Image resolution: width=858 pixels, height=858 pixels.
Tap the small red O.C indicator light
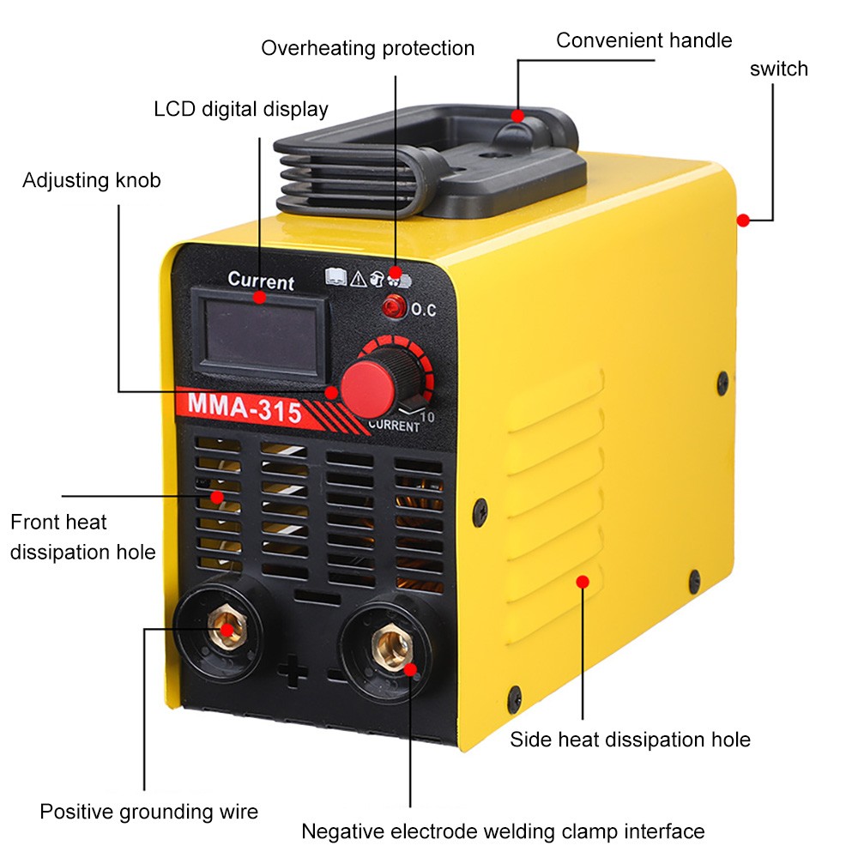point(396,305)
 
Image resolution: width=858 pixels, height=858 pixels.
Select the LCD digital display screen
point(259,328)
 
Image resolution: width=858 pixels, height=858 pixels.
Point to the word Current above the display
point(261,281)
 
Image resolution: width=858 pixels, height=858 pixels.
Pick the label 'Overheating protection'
point(367,48)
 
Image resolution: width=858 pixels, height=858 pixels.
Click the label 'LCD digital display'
point(241,109)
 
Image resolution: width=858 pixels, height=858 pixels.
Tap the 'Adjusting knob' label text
point(92,180)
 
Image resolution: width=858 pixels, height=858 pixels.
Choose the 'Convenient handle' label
point(643,40)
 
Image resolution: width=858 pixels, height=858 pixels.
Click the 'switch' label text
point(778,69)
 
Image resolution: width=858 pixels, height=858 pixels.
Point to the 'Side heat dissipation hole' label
point(630,740)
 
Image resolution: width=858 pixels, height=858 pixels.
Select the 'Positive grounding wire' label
point(148,811)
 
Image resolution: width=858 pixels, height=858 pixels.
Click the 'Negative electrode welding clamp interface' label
point(502,831)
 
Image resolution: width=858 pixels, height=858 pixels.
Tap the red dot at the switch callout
point(743,220)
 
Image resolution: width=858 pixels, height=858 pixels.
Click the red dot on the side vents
point(583,582)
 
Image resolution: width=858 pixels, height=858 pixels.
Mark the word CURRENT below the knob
point(394,426)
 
